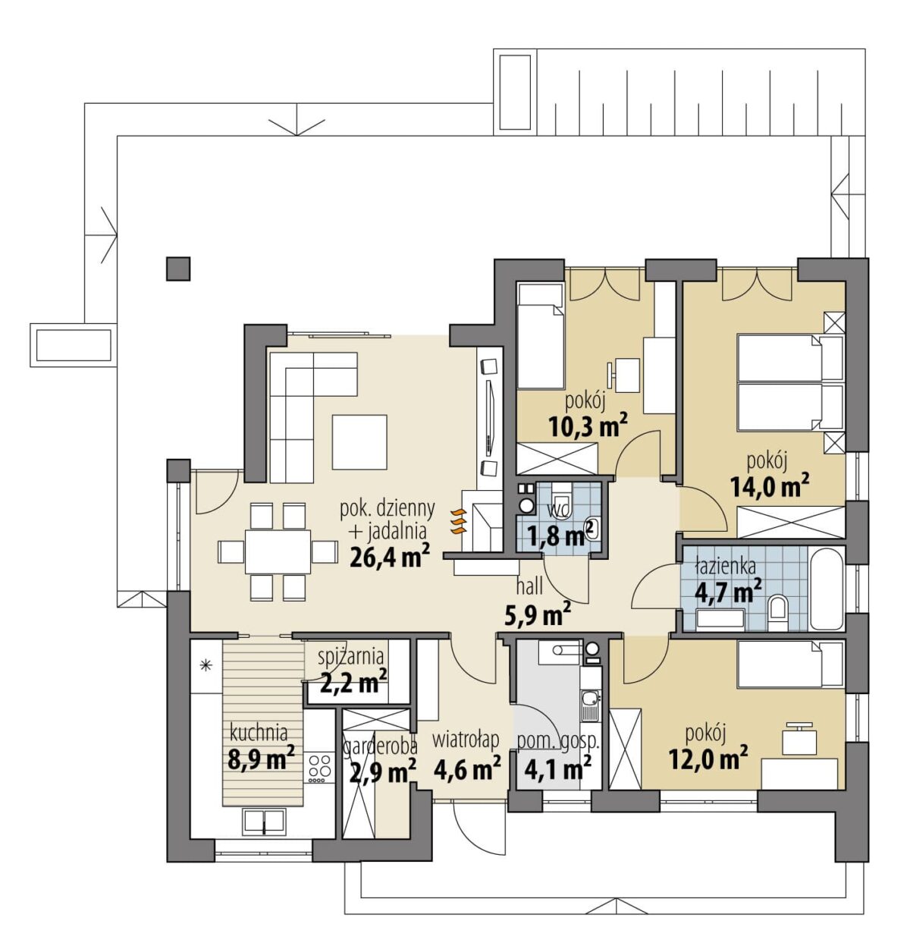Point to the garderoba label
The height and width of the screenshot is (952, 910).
[x=380, y=747]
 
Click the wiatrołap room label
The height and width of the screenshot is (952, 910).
[x=466, y=740]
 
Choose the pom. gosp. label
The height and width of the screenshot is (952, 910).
[x=558, y=742]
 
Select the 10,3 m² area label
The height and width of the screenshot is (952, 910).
[x=588, y=426]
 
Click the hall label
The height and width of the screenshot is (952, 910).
[x=529, y=586]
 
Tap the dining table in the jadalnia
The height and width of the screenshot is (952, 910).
[x=278, y=551]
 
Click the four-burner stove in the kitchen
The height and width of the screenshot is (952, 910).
[x=320, y=768]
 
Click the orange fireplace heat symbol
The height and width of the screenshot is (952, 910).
[x=458, y=521]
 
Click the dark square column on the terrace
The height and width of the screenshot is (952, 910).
[x=178, y=269]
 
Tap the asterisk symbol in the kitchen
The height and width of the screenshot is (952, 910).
[x=206, y=665]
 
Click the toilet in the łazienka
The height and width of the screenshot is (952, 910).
[x=777, y=612]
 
